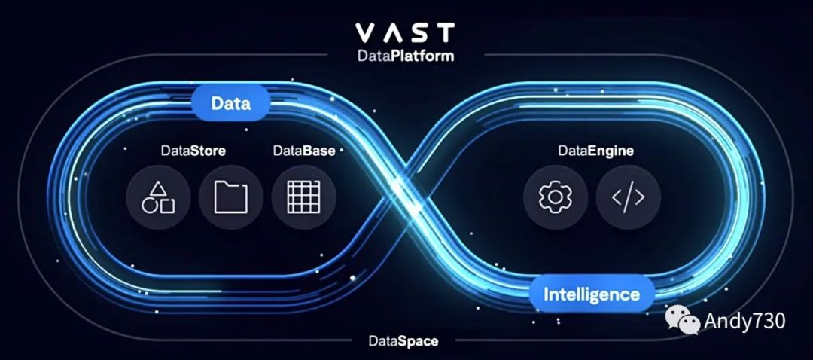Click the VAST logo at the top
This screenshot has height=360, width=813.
(x=405, y=32)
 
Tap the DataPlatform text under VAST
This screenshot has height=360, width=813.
(x=406, y=55)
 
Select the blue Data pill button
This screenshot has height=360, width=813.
(x=230, y=103)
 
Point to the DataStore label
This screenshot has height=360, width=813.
(x=193, y=151)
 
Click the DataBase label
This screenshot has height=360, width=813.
(x=304, y=151)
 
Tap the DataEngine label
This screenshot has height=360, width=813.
(x=595, y=151)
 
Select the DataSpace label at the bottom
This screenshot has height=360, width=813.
(x=403, y=341)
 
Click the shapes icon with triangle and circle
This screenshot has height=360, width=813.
(x=158, y=197)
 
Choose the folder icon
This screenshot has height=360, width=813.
(x=230, y=197)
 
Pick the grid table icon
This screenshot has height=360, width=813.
(x=303, y=197)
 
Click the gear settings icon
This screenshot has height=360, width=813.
(x=556, y=197)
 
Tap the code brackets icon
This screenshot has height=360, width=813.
(x=628, y=197)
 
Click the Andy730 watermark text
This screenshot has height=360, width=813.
(x=744, y=322)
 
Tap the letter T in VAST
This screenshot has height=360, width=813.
(x=445, y=32)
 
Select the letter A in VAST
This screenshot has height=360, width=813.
(x=393, y=32)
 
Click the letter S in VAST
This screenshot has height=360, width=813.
(x=419, y=32)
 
